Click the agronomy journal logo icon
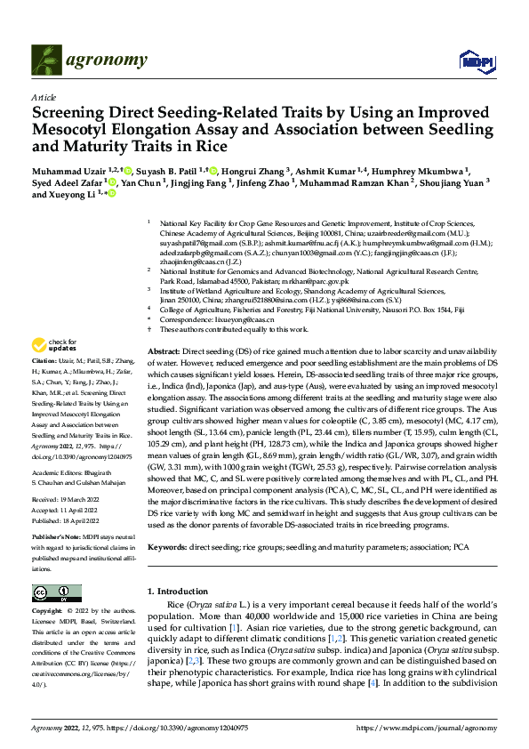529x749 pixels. coord(46,60)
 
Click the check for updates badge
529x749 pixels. coord(54,345)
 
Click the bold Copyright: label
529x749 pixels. coord(50,612)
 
